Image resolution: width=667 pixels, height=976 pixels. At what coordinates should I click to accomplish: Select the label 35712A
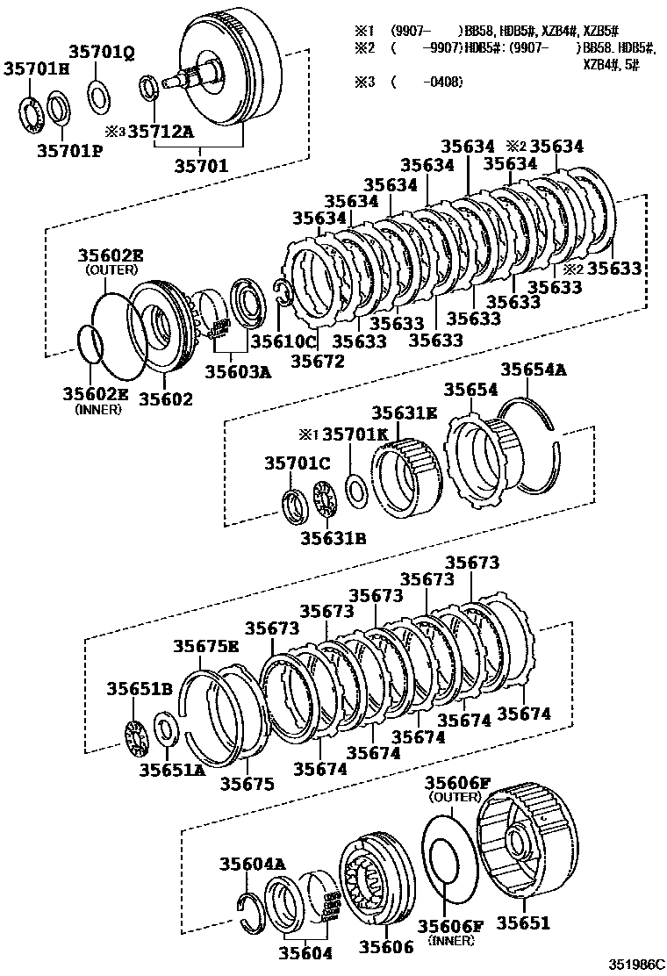click(161, 132)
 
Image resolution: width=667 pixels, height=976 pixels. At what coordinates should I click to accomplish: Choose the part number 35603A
click(236, 372)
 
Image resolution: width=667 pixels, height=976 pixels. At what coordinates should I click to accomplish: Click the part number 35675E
click(205, 648)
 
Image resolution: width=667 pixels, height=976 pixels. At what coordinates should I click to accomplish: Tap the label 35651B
click(139, 689)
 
